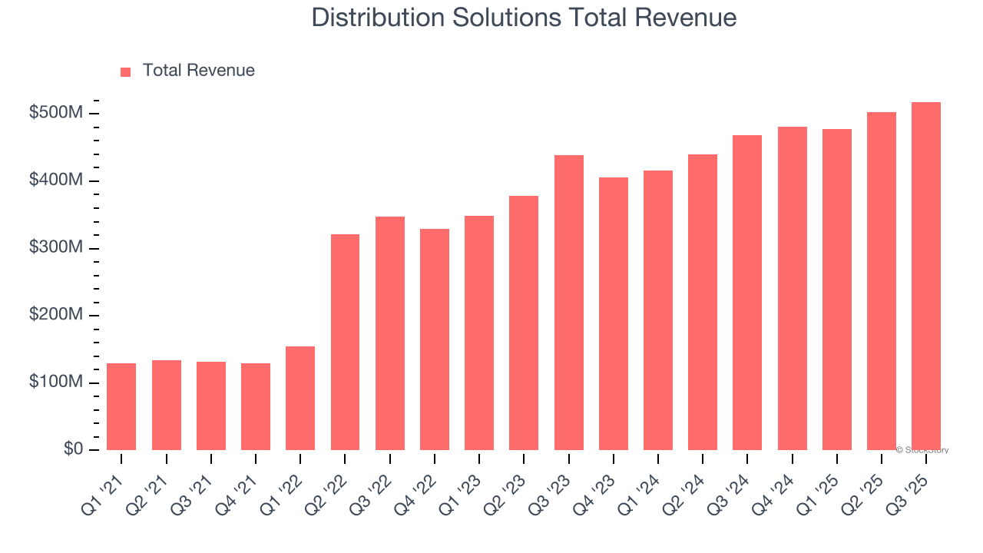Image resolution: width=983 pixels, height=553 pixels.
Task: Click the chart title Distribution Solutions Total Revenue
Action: (524, 18)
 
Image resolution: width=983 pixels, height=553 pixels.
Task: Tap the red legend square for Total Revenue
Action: (126, 71)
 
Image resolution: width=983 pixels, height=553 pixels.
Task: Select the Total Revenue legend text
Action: (198, 71)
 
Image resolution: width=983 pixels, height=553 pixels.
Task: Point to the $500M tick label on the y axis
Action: (55, 114)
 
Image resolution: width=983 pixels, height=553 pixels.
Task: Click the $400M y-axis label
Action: (55, 180)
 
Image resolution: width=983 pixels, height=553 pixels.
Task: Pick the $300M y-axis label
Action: (55, 248)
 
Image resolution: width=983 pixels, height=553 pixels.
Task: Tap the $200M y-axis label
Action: (55, 315)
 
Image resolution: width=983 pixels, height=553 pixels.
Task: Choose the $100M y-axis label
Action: (55, 382)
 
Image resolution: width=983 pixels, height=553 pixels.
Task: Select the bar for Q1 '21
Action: (121, 407)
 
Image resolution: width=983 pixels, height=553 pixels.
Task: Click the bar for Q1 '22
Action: (300, 399)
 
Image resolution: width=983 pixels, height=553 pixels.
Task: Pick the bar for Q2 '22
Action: (345, 343)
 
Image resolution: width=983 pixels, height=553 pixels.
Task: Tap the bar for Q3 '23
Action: (569, 303)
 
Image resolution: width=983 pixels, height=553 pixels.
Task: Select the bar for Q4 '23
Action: (614, 314)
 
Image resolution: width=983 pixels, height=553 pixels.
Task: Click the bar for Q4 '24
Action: (793, 289)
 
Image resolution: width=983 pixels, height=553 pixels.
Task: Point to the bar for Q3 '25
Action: (926, 276)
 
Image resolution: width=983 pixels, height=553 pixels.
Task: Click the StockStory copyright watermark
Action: (922, 450)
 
